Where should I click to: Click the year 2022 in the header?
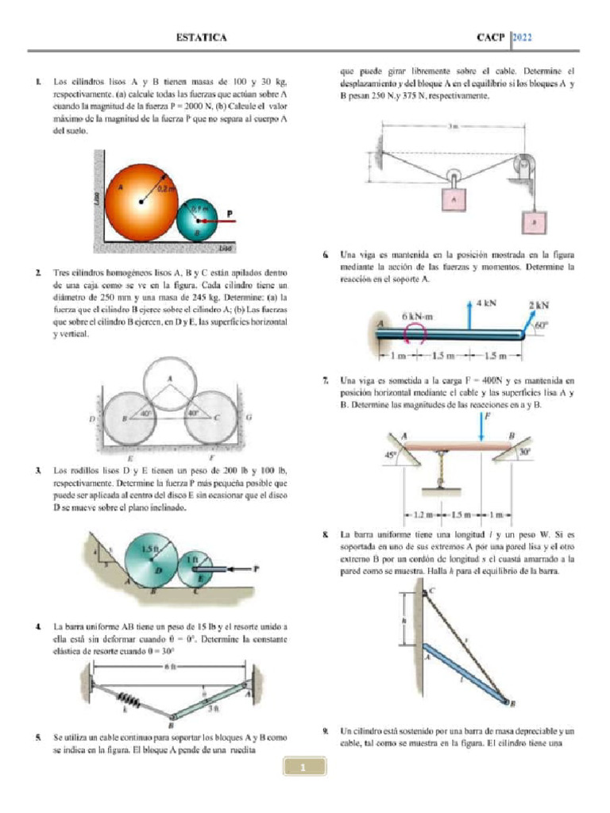pos(523,37)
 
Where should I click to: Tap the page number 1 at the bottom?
pos(304,768)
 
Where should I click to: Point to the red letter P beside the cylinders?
pos(230,213)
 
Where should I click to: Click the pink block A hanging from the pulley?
pos(454,202)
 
